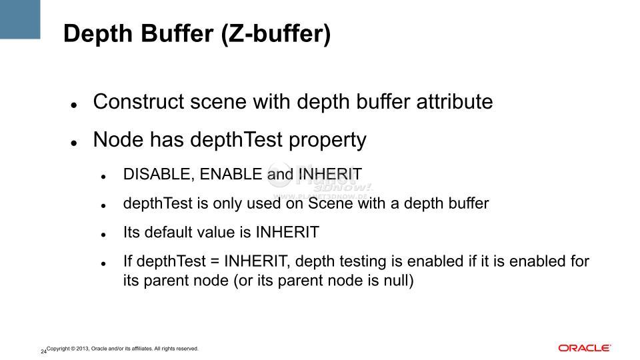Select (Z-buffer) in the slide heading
click(x=276, y=34)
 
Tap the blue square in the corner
click(x=20, y=19)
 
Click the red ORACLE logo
click(x=585, y=348)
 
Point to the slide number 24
click(x=43, y=351)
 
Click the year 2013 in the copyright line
click(x=83, y=349)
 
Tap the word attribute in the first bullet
click(x=455, y=101)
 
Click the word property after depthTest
click(x=327, y=140)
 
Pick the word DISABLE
click(x=156, y=174)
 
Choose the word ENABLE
click(x=231, y=174)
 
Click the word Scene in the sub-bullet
click(x=331, y=203)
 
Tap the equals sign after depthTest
click(x=215, y=261)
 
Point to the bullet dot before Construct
click(x=74, y=105)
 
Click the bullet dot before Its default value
click(x=103, y=235)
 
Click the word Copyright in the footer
click(x=59, y=349)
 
